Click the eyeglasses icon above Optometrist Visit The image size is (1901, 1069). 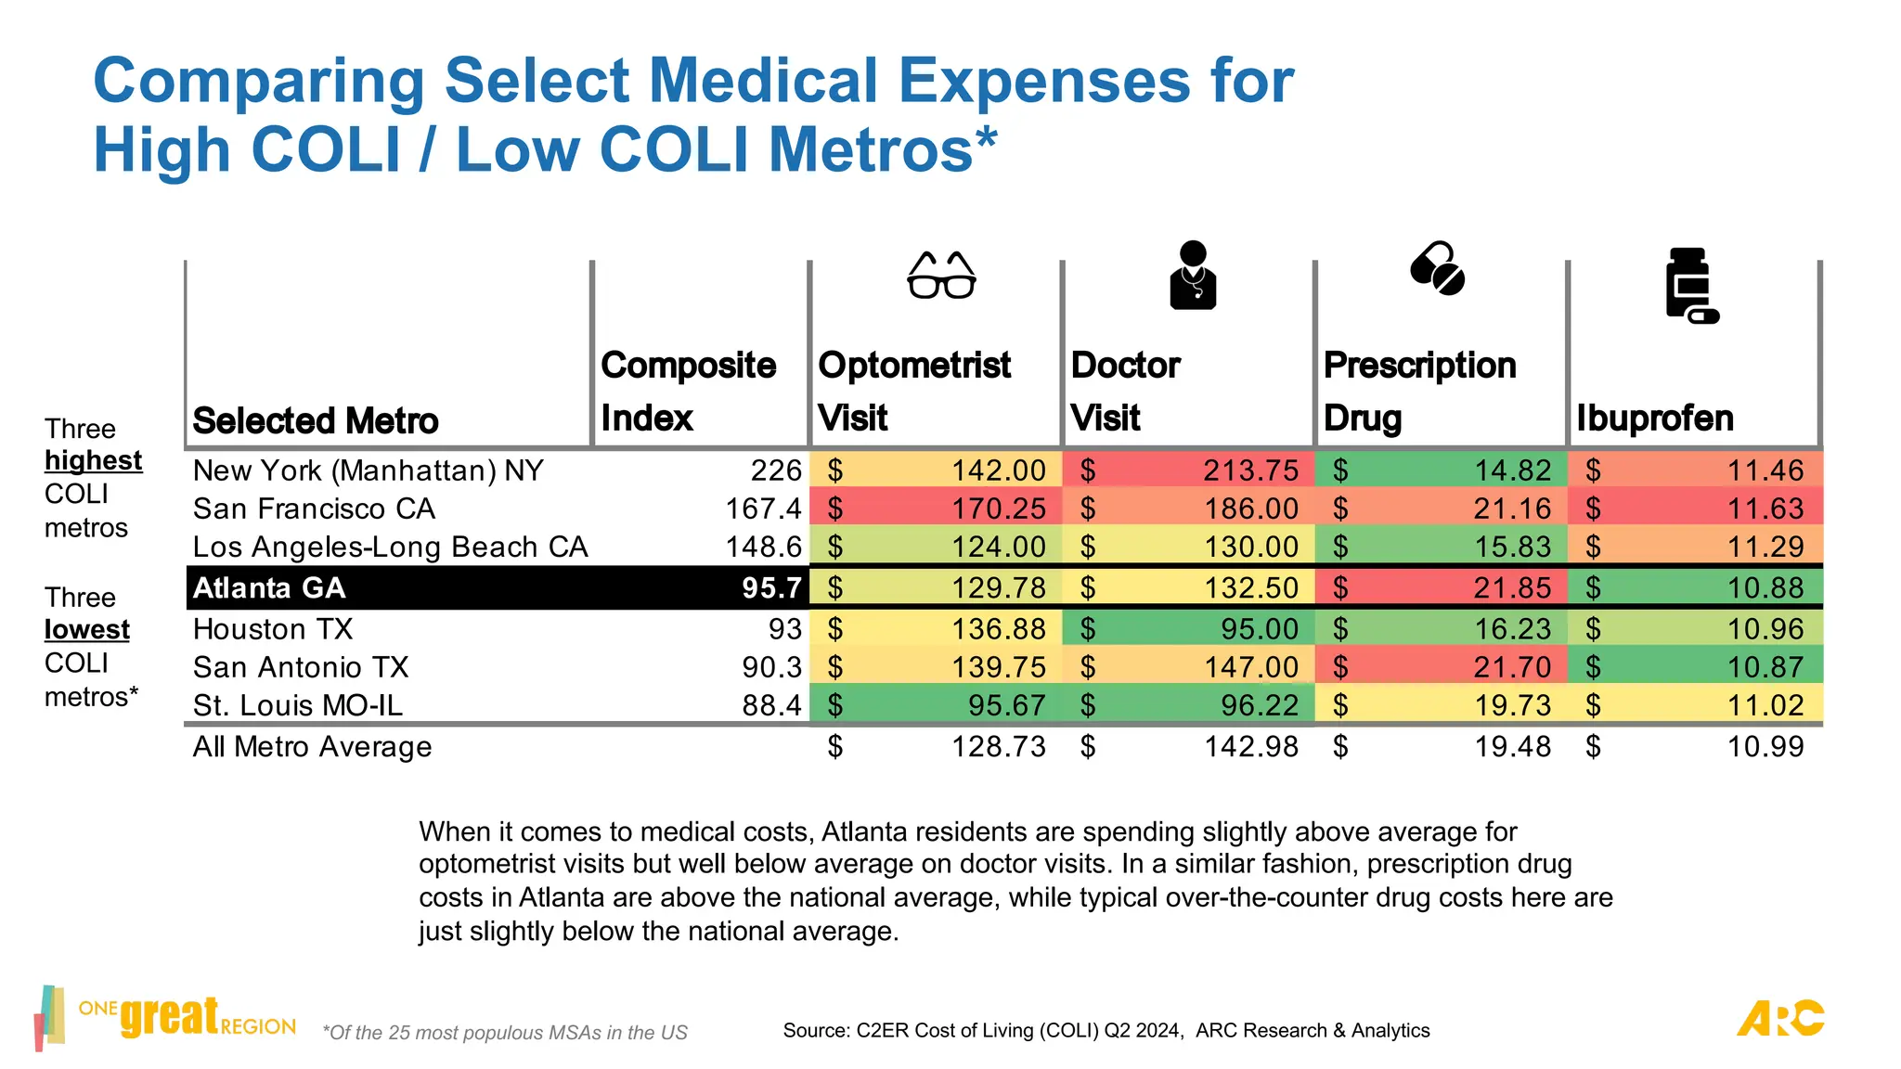(x=941, y=275)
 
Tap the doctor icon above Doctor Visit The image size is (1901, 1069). (x=1193, y=275)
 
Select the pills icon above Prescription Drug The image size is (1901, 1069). (x=1437, y=269)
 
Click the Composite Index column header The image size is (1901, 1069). (x=688, y=391)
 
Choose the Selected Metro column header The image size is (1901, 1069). (x=316, y=420)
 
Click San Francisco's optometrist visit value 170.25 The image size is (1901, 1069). (x=999, y=509)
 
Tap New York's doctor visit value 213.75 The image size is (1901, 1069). (x=1251, y=470)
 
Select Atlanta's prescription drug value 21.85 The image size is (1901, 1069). (x=1513, y=588)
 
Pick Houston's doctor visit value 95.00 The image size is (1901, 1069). (x=1260, y=629)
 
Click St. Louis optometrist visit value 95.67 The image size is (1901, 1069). (x=1007, y=705)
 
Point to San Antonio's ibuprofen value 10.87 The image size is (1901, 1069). (x=1765, y=667)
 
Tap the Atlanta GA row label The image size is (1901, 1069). (x=269, y=588)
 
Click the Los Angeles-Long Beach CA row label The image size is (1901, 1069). (x=391, y=547)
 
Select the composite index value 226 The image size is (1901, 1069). (x=776, y=470)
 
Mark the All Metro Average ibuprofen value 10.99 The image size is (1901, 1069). (x=1765, y=747)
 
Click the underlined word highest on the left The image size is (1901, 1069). (x=94, y=461)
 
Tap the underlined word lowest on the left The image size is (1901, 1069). (x=87, y=630)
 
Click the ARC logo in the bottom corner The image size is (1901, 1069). (x=1780, y=1018)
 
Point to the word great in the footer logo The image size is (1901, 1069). (x=170, y=1016)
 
